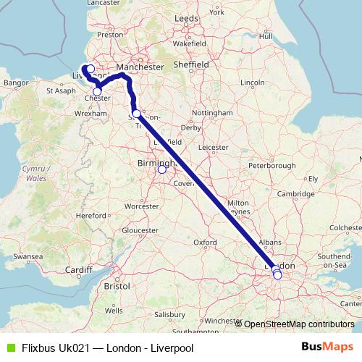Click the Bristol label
pos(117,286)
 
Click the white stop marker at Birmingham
pos(162,171)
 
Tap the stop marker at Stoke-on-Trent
pos(137,114)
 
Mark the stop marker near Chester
pos(98,91)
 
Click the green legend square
pos(9,348)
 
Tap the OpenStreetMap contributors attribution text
pos(299,324)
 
